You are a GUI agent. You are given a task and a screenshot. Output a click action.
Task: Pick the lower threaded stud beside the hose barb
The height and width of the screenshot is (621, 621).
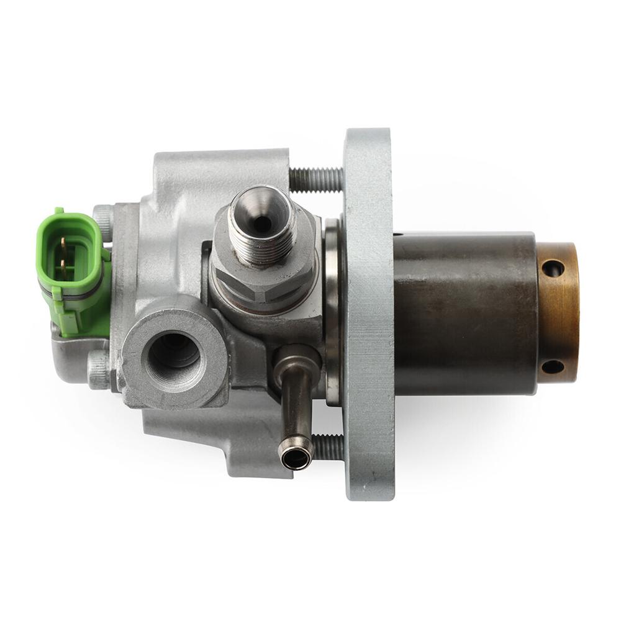pos(328,446)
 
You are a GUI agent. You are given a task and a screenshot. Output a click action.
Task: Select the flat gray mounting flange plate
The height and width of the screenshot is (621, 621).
pos(369,310)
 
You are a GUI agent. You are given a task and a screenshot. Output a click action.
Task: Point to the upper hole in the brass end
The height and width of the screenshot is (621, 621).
pos(552,268)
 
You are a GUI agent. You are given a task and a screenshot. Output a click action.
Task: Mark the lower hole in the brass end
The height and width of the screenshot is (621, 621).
pos(552,366)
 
